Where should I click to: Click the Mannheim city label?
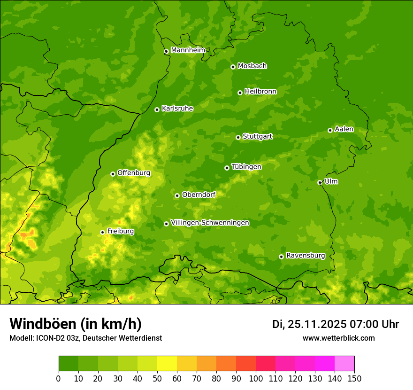[188, 50]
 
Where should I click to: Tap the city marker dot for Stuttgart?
[238, 137]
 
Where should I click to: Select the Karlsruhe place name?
[177, 109]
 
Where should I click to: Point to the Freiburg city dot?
[102, 232]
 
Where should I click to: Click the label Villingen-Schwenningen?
[210, 223]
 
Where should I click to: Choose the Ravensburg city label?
[306, 256]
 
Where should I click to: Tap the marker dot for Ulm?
[320, 182]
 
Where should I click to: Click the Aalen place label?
[344, 129]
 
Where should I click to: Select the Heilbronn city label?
[260, 92]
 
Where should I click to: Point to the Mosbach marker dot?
[233, 67]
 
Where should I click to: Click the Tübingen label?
[246, 167]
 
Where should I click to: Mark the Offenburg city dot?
[113, 174]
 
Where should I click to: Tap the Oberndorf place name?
[199, 195]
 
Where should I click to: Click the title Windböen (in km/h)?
[76, 324]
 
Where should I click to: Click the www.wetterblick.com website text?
[338, 338]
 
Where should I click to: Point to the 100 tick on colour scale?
[256, 378]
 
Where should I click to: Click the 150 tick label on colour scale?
[354, 378]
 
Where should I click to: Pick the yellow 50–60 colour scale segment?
[167, 364]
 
